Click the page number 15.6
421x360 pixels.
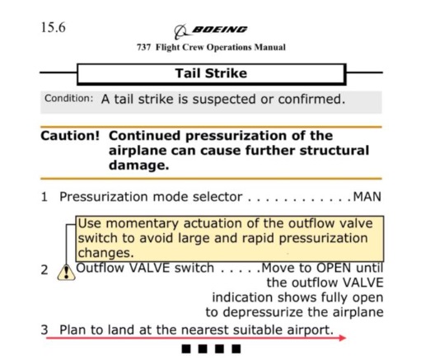click(54, 27)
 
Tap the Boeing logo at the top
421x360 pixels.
click(211, 31)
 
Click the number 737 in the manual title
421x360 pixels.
click(144, 47)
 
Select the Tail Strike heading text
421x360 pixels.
click(211, 73)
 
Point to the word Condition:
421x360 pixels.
click(69, 98)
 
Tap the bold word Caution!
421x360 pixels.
click(70, 136)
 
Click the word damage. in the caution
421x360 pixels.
click(139, 166)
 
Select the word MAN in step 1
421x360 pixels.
click(367, 197)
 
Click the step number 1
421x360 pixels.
click(44, 197)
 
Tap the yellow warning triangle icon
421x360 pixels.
click(66, 273)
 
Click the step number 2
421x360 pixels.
click(44, 270)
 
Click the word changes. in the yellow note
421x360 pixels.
click(105, 253)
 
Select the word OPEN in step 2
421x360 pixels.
click(334, 268)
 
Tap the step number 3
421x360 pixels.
click(44, 330)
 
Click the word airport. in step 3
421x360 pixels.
click(311, 330)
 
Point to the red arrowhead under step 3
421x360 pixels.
click(343, 338)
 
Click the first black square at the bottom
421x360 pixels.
click(186, 349)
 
